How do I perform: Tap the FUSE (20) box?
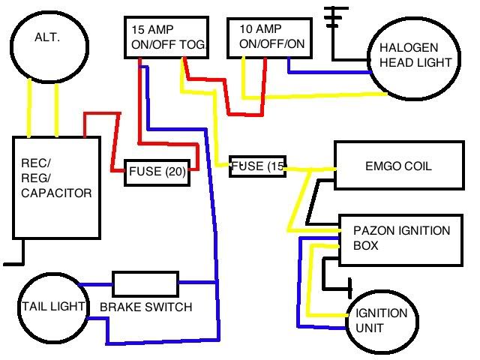(156, 171)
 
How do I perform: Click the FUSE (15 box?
(257, 166)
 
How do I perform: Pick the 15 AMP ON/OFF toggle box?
(165, 38)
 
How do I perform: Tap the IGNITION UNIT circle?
(382, 319)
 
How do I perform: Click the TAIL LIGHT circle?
(49, 307)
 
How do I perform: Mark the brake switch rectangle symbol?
(144, 284)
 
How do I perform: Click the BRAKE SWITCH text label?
(145, 307)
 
